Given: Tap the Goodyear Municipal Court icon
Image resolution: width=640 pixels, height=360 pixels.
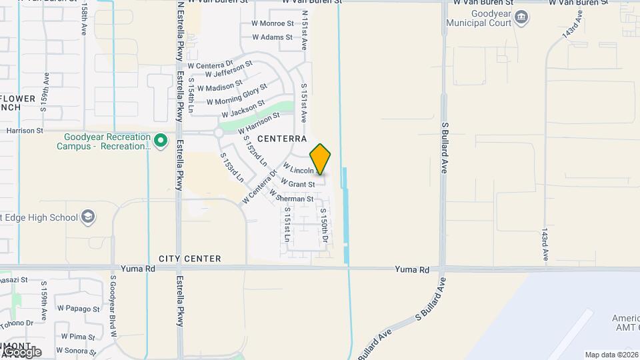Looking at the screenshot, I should coord(521,17).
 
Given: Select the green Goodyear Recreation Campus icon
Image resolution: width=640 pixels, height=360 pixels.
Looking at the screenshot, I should coord(160,141).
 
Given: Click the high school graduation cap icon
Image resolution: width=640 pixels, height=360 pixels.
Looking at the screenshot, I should coord(88,217).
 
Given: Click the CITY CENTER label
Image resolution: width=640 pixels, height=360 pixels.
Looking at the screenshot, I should coord(189,259).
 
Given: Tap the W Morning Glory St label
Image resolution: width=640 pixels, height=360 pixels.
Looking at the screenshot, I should coord(237,95).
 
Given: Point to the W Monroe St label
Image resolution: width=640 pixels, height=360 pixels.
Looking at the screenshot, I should coord(273,23).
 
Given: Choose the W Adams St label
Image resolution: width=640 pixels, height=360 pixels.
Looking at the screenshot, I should coord(273,37).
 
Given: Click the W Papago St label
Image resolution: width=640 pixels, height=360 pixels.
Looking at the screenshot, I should coord(78,309).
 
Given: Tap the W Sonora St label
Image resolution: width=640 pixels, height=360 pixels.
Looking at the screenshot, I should coord(78,350).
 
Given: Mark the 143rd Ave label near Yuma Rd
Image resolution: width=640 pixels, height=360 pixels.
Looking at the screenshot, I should coord(545,245).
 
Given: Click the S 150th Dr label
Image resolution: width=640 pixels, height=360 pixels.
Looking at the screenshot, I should coord(323,225).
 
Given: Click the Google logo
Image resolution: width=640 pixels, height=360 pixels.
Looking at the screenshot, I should coord(21,351).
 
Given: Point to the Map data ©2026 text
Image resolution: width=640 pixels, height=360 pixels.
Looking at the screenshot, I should coord(611,355).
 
